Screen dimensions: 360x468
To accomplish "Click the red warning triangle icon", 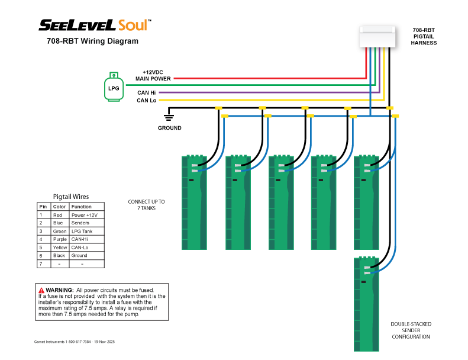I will pyautogui.click(x=41, y=290).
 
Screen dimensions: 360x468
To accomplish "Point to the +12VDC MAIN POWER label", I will pyautogui.click(x=153, y=75).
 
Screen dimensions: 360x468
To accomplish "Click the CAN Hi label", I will pyautogui.click(x=147, y=92).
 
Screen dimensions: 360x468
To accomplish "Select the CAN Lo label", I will pyautogui.click(x=146, y=101).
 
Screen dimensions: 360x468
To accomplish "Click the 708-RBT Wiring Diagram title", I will pyautogui.click(x=92, y=41).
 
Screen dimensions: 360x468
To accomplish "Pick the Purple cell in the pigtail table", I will pyautogui.click(x=59, y=239).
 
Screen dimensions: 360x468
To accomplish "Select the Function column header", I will pyautogui.click(x=81, y=207).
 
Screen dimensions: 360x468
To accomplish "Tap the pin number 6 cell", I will pyautogui.click(x=42, y=256).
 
